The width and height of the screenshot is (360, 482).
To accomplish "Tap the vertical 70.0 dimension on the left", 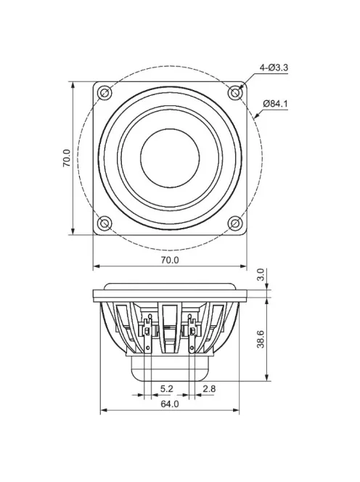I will (66, 158).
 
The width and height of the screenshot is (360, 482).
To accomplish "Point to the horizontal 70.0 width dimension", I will (169, 259).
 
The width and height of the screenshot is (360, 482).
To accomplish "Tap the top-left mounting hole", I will (105, 93).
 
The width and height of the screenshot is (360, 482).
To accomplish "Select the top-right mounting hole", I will (234, 93).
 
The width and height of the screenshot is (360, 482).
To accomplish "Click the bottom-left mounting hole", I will (105, 223).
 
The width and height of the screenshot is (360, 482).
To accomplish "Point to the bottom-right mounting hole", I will (234, 223).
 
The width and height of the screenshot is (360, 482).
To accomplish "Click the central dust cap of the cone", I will (170, 158).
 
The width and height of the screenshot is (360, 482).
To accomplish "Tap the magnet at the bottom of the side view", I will (170, 369).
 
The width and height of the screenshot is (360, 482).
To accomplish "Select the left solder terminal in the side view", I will (149, 331).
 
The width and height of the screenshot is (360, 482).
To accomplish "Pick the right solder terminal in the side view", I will (192, 331).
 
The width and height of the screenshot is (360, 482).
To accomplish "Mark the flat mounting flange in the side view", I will (170, 294).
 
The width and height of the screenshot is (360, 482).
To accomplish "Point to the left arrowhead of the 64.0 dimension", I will (102, 411).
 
